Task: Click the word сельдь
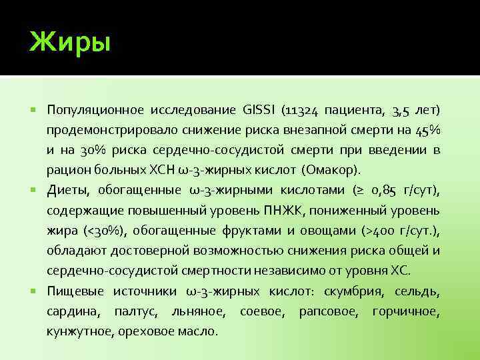coord(417,291)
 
